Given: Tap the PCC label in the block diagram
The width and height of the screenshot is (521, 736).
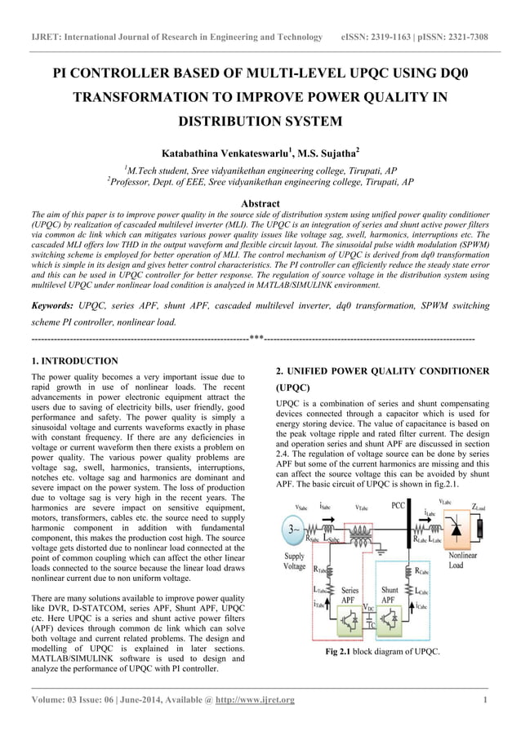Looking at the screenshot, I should tap(399, 506).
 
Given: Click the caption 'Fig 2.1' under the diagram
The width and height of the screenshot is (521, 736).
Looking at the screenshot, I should tap(340, 674).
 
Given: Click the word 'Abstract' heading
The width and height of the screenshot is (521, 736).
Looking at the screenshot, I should tap(260, 203).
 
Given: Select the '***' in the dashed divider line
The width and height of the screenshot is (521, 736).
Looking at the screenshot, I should tap(256, 337).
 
